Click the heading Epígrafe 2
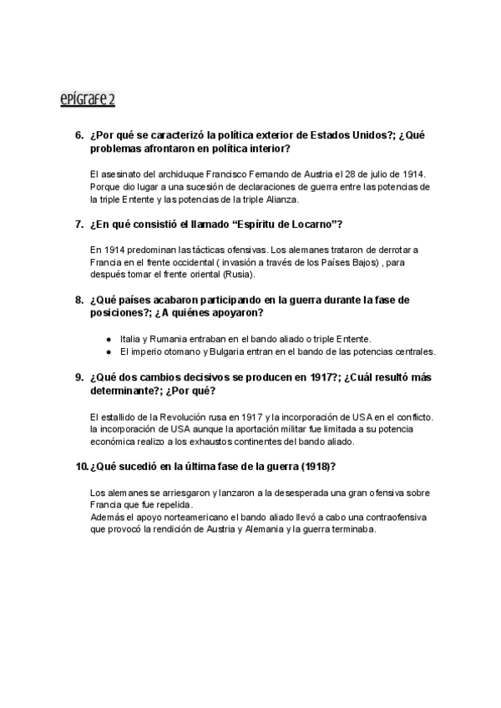[x=88, y=101]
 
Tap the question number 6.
[x=79, y=135]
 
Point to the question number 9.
[x=79, y=377]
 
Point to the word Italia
[x=132, y=338]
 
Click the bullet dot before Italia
[x=109, y=338]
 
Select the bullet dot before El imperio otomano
[x=109, y=351]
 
